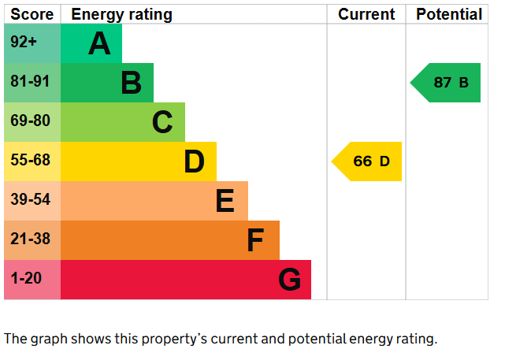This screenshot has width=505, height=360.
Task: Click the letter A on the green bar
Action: [99, 43]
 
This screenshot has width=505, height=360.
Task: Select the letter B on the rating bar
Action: [132, 83]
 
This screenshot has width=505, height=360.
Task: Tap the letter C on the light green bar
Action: [162, 122]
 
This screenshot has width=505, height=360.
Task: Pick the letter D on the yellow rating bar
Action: [194, 161]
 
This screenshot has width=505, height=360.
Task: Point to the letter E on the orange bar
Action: [225, 201]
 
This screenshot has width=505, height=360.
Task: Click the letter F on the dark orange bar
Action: [254, 240]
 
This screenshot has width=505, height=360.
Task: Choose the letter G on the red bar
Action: [289, 280]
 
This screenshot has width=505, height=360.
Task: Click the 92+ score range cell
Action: [24, 43]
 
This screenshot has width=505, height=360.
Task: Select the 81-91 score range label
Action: [30, 82]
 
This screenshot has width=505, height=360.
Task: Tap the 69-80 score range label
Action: [30, 121]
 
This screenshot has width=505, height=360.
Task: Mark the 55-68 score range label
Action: [30, 161]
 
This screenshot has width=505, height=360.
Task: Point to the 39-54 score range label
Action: [30, 200]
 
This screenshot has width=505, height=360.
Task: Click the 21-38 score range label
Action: [30, 239]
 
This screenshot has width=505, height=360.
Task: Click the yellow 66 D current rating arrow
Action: [368, 161]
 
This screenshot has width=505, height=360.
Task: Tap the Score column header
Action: [32, 14]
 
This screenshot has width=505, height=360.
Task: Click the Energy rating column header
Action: [121, 14]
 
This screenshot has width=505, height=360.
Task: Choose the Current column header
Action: [366, 14]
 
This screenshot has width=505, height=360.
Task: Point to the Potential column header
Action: [448, 14]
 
